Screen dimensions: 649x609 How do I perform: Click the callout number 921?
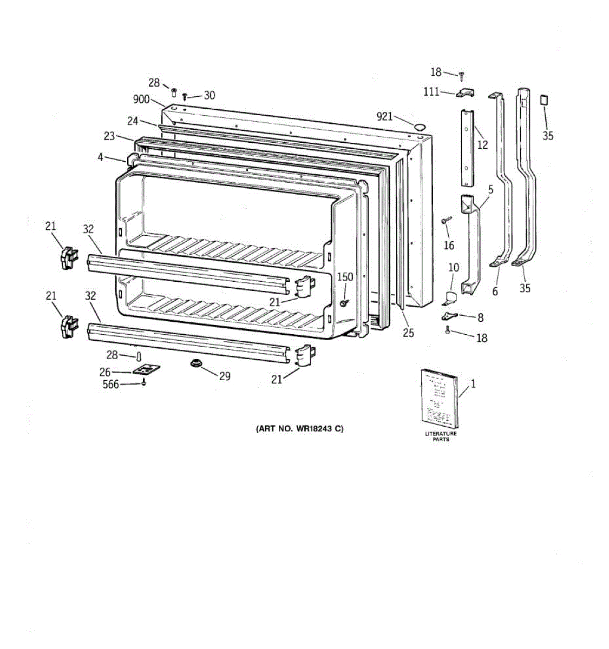[x=384, y=116]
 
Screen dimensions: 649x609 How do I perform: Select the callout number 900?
[x=141, y=99]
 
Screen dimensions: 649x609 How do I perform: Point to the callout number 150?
[x=345, y=277]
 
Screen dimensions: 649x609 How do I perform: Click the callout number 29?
[x=225, y=376]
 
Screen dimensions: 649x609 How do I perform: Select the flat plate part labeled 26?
[x=146, y=370]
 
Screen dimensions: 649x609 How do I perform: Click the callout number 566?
[x=112, y=385]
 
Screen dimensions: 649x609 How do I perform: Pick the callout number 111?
[x=431, y=92]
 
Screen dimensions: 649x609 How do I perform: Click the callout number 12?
[x=482, y=144]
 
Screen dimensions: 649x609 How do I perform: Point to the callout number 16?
[x=449, y=246]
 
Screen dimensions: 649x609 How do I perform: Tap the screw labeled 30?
[x=185, y=97]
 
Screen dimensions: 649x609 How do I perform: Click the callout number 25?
[x=408, y=333]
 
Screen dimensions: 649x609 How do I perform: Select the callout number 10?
[x=454, y=267]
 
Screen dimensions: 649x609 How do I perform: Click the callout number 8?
[x=480, y=318]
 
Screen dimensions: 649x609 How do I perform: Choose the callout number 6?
[x=495, y=292]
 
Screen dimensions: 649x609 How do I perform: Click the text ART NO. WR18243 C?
[x=299, y=429]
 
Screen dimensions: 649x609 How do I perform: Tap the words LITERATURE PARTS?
[x=441, y=436]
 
